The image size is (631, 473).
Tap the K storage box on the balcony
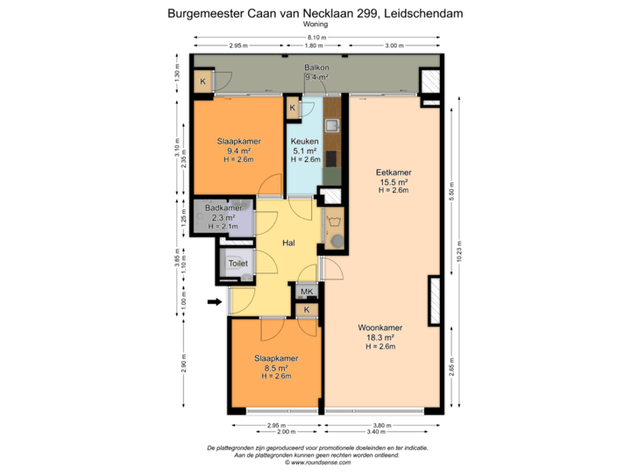203,83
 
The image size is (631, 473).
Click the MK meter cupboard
307,292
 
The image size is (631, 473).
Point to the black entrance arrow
214,303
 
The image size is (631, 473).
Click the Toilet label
238,263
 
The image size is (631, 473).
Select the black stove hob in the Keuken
332,159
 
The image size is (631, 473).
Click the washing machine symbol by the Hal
333,236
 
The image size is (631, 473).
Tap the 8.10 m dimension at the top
315,38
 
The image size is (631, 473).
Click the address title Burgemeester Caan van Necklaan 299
315,14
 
